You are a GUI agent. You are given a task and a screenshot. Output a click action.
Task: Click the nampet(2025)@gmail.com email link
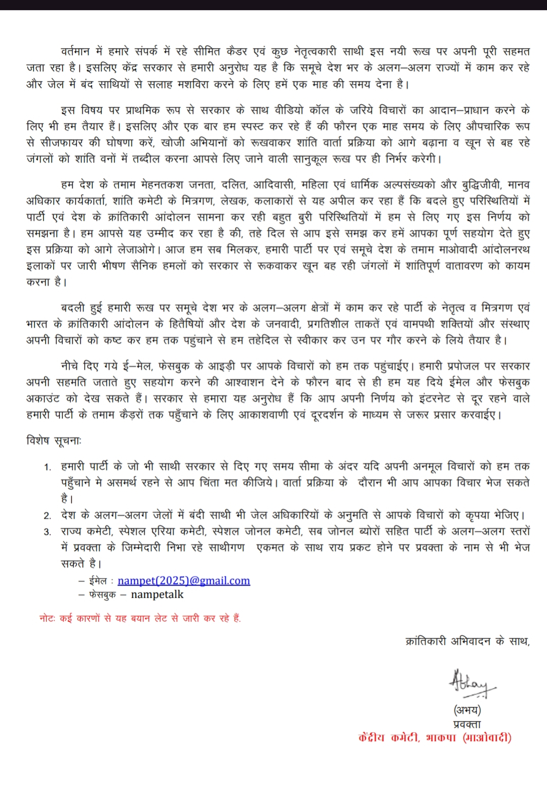tap(183, 581)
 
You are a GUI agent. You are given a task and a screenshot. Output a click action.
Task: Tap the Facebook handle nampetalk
tap(157, 594)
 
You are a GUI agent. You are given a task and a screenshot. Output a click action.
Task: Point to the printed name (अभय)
tap(467, 710)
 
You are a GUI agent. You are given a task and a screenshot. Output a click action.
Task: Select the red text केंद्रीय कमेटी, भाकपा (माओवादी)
tap(435, 738)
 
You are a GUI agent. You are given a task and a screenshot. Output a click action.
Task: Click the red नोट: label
tap(48, 618)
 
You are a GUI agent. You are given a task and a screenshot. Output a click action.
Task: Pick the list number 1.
tap(48, 467)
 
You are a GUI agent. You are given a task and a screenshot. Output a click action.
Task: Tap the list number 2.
tap(48, 515)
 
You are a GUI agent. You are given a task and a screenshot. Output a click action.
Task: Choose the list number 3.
tap(48, 532)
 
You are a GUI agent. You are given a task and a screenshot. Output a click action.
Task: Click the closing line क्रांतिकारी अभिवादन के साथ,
tap(467, 641)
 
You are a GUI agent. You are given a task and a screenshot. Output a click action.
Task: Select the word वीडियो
tap(289, 110)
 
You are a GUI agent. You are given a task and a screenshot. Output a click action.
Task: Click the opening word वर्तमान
tap(75, 52)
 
